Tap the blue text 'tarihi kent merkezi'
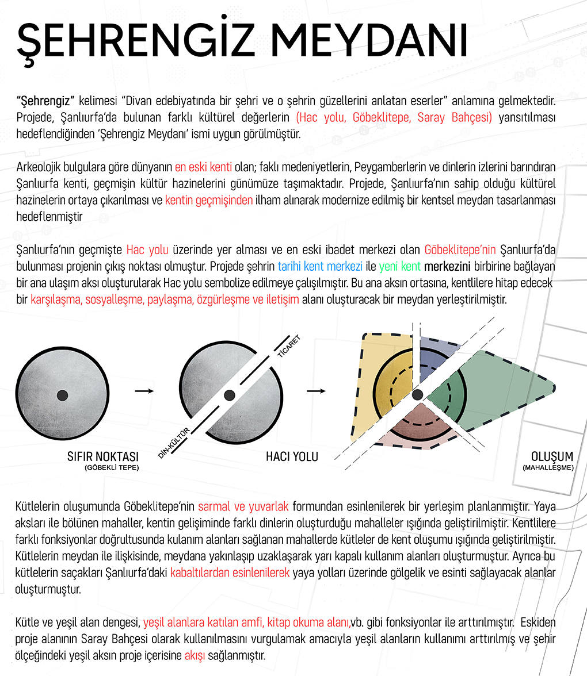[x=320, y=267]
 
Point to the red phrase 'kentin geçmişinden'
[x=209, y=201]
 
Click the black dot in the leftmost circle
[x=63, y=395]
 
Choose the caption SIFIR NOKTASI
[x=104, y=457]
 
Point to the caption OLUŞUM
[x=552, y=457]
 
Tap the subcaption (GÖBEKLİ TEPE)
[x=111, y=468]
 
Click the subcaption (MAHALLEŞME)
[x=548, y=468]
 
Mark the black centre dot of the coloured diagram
[x=418, y=393]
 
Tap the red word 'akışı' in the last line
[x=195, y=655]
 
